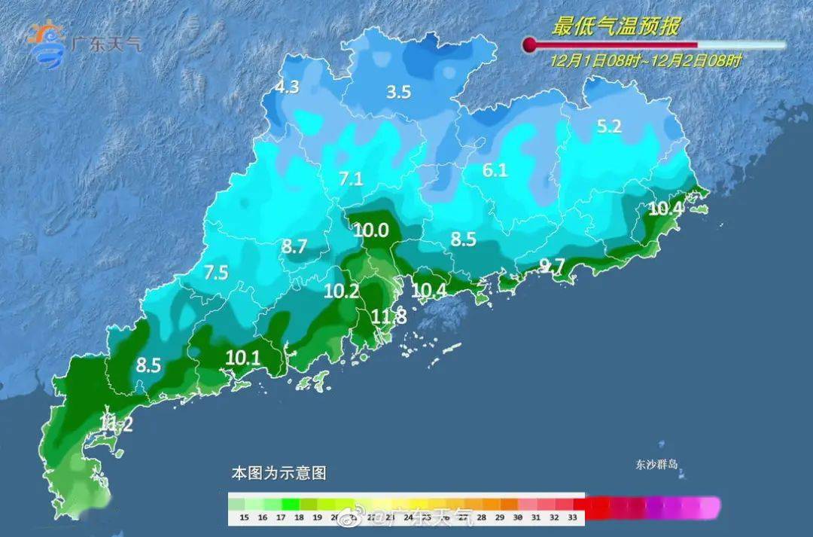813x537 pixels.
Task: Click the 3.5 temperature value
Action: pos(398,93)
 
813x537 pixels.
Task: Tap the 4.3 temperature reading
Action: pos(287,87)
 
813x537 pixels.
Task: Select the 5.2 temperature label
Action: pos(609,127)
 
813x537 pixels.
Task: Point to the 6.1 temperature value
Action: pos(495,171)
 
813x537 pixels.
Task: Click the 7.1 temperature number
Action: pos(351,179)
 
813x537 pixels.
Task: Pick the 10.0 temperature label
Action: pos(371,230)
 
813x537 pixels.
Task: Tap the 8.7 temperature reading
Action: pos(294,246)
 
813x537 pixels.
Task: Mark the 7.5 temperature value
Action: pos(215,273)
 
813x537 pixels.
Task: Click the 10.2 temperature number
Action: pos(342,291)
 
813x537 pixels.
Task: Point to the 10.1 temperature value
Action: pos(242,358)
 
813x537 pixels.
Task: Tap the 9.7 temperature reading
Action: pos(552,265)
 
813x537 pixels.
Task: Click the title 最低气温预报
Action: pos(616,27)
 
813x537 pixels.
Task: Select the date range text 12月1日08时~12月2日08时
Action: pos(645,61)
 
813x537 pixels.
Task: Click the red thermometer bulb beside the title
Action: pos(530,44)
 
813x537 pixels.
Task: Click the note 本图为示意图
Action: pos(279,474)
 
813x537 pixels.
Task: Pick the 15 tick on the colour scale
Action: pos(242,517)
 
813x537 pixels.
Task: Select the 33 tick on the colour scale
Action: pos(572,517)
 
